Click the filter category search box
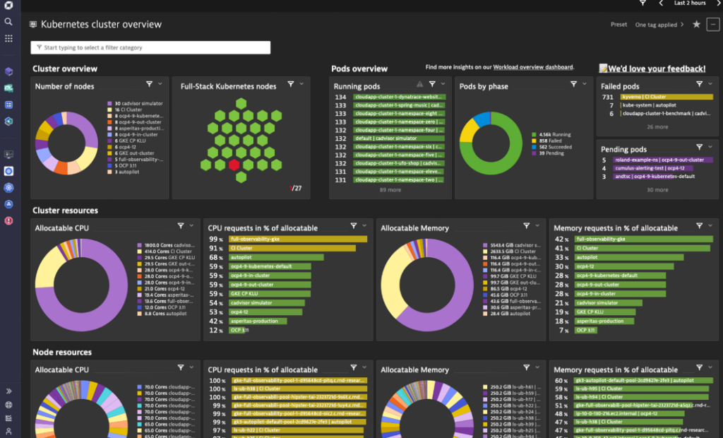point(150,47)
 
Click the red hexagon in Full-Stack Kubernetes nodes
point(234,165)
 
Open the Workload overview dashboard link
point(533,67)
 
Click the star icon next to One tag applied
point(696,24)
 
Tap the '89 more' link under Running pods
point(390,190)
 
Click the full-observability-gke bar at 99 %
point(297,239)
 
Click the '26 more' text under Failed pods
point(657,127)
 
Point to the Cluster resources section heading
point(65,211)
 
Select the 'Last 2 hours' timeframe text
point(690,4)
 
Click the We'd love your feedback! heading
point(652,69)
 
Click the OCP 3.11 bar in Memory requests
point(585,330)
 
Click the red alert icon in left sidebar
point(8,220)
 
